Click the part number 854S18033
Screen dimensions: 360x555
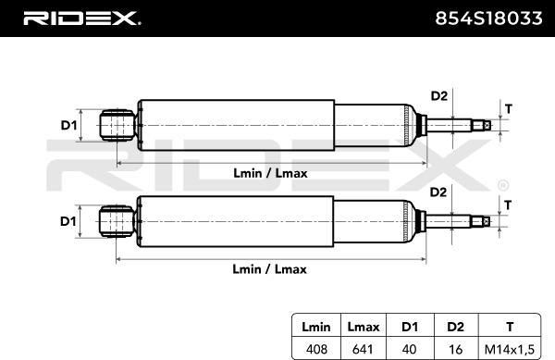(x=488, y=18)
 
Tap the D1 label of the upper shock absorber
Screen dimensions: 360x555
(x=68, y=125)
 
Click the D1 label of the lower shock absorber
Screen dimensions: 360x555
(x=68, y=221)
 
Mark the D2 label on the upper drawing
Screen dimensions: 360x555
(x=438, y=95)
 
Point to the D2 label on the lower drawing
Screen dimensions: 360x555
(x=438, y=192)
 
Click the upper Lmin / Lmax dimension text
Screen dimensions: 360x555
(x=269, y=173)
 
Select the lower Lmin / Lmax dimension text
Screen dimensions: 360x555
(x=269, y=269)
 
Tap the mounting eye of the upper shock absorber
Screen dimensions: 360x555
(x=116, y=125)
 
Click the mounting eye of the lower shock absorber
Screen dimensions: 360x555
(x=116, y=221)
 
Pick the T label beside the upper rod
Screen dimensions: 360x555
(x=507, y=107)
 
